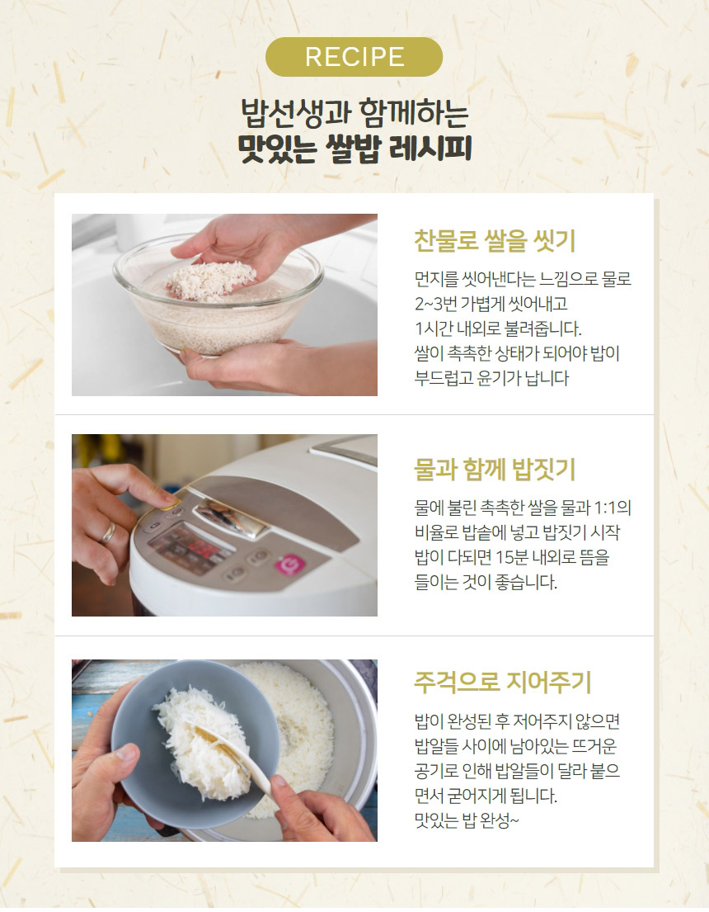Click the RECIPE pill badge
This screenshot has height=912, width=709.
point(354,57)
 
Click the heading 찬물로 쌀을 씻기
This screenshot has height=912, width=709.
point(494,241)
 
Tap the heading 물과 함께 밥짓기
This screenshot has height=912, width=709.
point(494,470)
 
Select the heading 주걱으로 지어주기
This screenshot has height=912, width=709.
point(502,683)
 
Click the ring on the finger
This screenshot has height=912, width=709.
point(109,534)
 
